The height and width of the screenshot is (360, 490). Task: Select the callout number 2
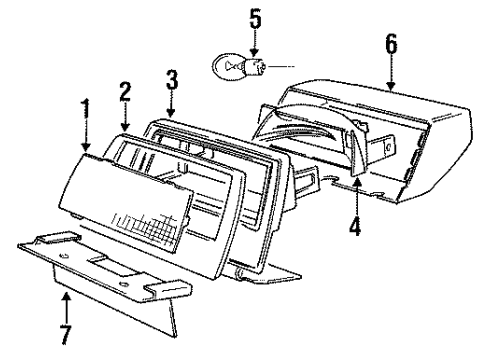[x=125, y=92]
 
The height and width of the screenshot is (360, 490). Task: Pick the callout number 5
[x=253, y=17]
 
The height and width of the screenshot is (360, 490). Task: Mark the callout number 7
[x=67, y=328]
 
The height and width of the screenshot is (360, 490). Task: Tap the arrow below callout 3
[x=171, y=103]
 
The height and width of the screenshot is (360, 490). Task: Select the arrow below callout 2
[x=125, y=118]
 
